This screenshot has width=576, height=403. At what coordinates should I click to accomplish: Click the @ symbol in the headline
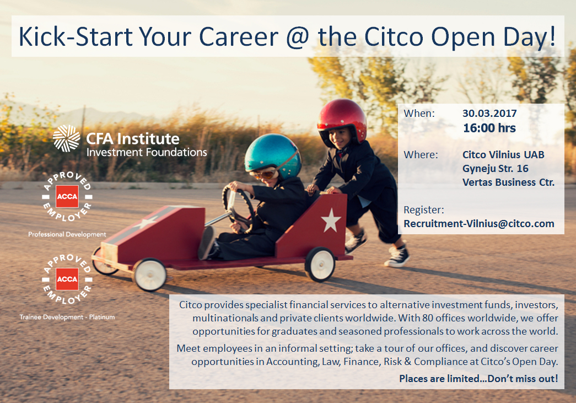click(x=298, y=37)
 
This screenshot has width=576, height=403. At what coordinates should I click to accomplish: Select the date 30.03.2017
click(x=489, y=113)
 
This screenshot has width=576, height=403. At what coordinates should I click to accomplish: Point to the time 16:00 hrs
click(x=489, y=128)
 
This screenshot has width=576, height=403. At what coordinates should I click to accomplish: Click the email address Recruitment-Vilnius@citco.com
click(x=479, y=223)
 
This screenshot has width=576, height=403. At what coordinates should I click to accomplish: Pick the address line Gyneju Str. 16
click(x=495, y=169)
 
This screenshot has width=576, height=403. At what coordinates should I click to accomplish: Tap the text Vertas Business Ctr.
click(x=508, y=182)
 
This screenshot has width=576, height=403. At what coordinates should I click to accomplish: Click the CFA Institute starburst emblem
click(x=66, y=138)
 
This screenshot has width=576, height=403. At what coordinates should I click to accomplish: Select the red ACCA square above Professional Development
click(x=67, y=197)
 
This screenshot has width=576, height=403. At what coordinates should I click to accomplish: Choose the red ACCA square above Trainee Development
click(x=67, y=279)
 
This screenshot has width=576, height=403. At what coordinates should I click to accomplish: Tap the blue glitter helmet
click(x=273, y=154)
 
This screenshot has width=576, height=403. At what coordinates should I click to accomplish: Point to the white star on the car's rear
click(x=331, y=220)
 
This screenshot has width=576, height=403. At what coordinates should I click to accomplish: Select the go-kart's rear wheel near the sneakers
click(x=320, y=264)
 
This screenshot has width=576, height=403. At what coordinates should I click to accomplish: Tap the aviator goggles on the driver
click(x=265, y=174)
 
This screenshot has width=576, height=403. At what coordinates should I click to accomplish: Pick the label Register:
click(x=424, y=209)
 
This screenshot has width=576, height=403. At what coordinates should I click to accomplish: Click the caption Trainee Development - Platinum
click(x=67, y=316)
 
